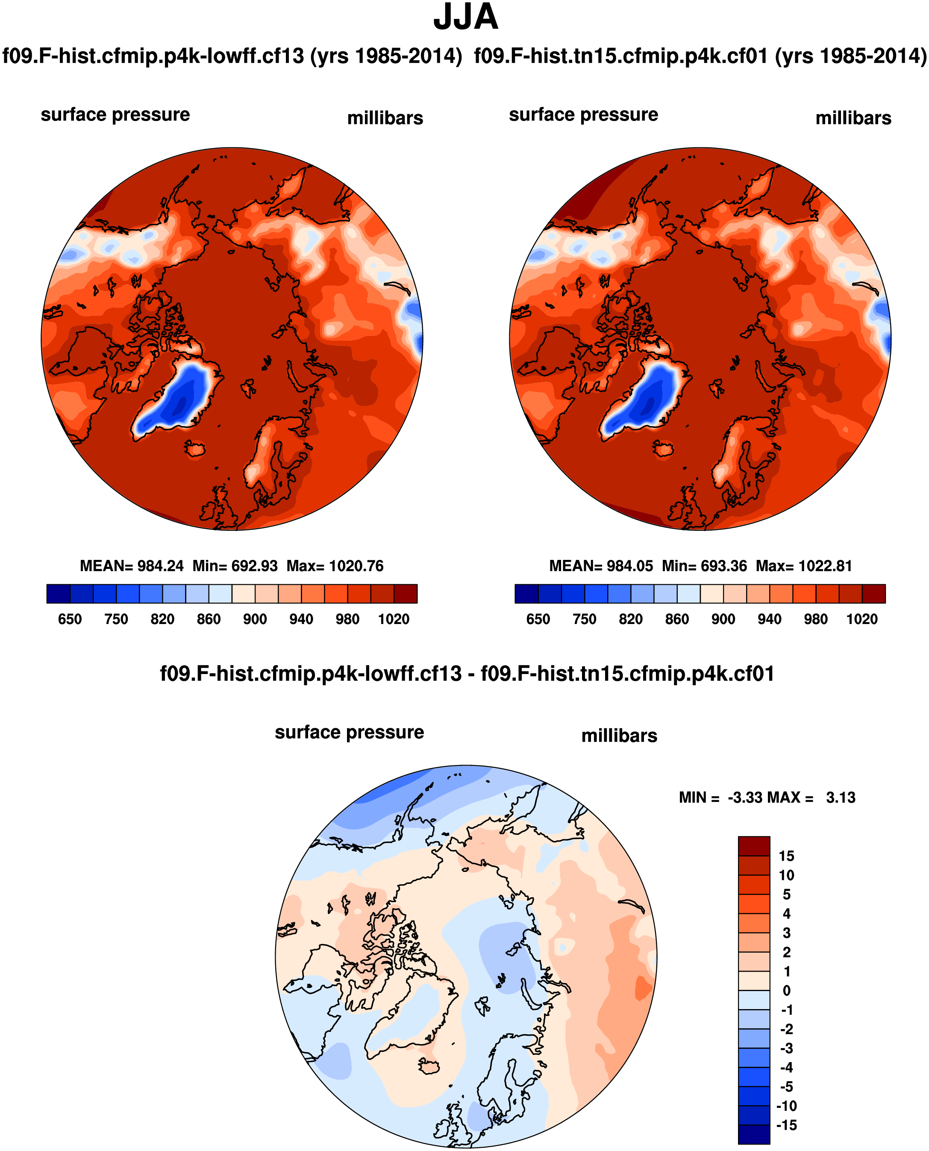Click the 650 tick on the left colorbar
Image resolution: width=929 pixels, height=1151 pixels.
click(70, 619)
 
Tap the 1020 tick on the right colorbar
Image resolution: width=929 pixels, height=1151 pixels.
click(861, 619)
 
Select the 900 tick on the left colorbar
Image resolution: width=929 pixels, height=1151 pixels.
click(255, 619)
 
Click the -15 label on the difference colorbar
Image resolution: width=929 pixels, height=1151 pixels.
click(786, 1125)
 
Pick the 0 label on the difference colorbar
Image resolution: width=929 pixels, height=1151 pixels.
click(786, 990)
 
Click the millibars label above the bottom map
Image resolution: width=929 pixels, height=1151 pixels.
click(619, 736)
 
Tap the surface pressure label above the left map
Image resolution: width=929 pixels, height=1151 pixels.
click(115, 115)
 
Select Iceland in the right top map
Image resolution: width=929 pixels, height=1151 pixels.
click(663, 448)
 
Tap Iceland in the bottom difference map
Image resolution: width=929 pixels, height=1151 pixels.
click(429, 1066)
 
